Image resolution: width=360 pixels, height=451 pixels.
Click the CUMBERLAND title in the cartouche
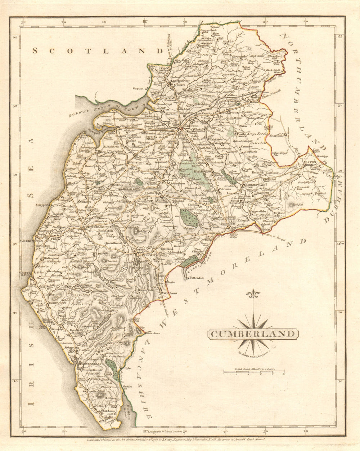[x=252, y=334]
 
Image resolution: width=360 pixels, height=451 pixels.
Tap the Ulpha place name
[x=127, y=368]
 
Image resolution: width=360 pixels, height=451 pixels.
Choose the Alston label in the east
[x=310, y=162]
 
